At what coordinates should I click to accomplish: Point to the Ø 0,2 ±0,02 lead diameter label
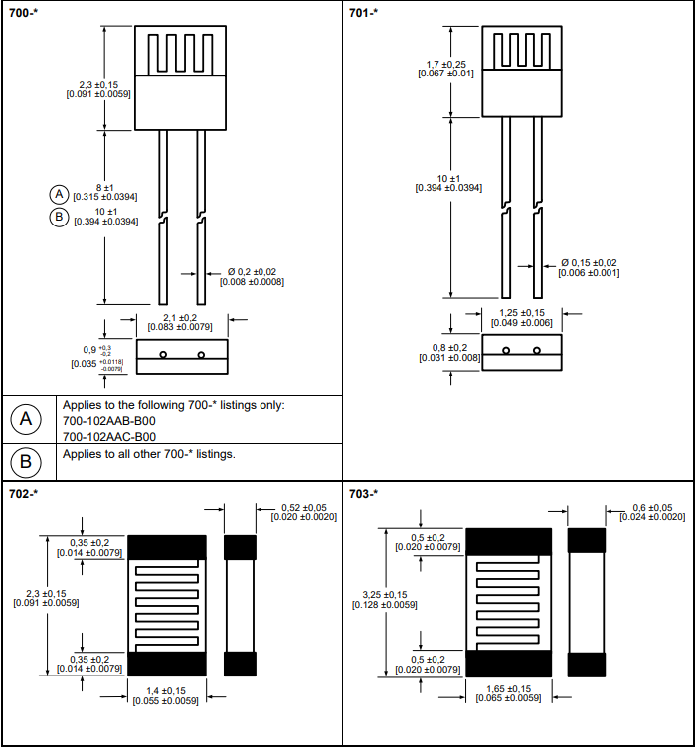[x=253, y=271]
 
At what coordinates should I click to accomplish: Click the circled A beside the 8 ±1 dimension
[x=59, y=193]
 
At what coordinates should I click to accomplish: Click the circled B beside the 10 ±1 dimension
[x=59, y=217]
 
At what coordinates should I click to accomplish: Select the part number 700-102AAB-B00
[x=109, y=421]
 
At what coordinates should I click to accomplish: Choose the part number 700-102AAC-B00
[x=109, y=437]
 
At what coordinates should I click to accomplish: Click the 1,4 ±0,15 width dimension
[x=165, y=690]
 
